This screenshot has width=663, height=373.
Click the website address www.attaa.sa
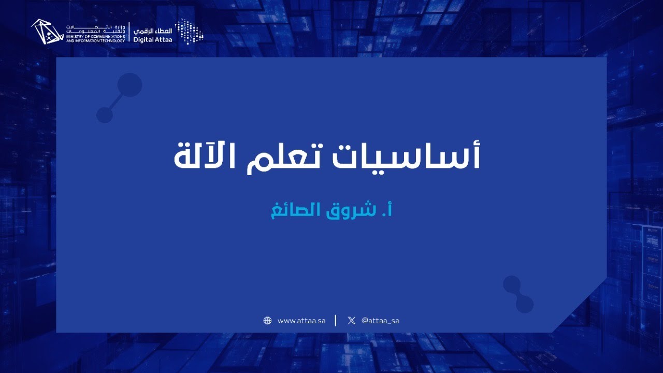(301, 321)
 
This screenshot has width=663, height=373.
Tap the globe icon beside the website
(267, 321)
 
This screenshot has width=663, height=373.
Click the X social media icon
(352, 321)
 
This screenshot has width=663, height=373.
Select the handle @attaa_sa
(380, 321)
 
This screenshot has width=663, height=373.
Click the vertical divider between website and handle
(336, 321)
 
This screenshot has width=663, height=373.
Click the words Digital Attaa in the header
(153, 39)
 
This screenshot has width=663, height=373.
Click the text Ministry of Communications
(95, 37)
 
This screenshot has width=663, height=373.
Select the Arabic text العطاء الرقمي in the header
(153, 31)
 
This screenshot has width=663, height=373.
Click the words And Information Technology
(95, 40)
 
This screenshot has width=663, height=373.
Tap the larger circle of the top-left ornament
(129, 85)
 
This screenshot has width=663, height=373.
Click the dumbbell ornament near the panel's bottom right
(518, 294)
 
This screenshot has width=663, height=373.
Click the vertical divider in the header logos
(129, 32)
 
